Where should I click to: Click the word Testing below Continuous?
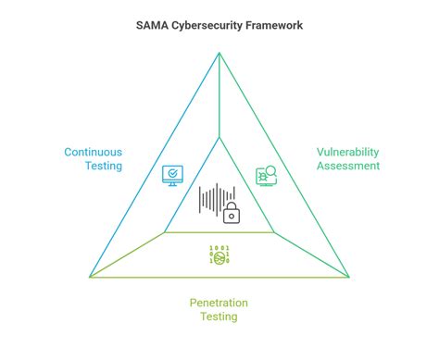[103, 168]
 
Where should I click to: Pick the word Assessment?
[348, 166]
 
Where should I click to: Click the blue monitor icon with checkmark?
[172, 175]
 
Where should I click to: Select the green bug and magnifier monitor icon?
[266, 176]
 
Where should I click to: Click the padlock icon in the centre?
[232, 213]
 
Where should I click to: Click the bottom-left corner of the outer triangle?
[90, 276]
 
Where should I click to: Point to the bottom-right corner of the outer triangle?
[349, 276]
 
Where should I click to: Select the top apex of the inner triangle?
[219, 137]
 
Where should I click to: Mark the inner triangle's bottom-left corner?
[165, 232]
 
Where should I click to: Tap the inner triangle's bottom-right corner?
[274, 232]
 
